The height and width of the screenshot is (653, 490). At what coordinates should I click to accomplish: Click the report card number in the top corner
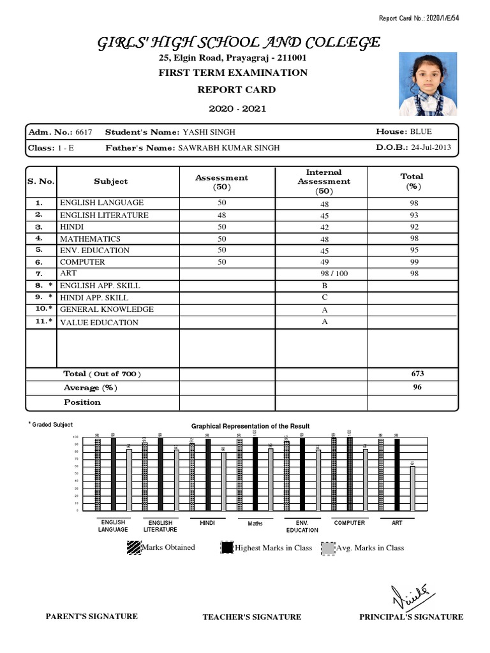pyautogui.click(x=419, y=18)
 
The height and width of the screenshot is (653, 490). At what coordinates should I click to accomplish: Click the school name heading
pyautogui.click(x=239, y=43)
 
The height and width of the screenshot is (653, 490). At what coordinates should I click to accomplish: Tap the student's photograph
pyautogui.click(x=427, y=84)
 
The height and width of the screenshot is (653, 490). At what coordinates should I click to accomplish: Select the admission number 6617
pyautogui.click(x=84, y=132)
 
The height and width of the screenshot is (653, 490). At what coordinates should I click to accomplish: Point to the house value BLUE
pyautogui.click(x=421, y=132)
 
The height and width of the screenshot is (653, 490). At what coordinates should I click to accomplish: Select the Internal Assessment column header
pyautogui.click(x=323, y=181)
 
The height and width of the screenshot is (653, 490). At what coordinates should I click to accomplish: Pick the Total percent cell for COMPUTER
pyautogui.click(x=414, y=262)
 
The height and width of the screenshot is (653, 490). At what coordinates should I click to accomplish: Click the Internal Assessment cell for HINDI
pyautogui.click(x=324, y=227)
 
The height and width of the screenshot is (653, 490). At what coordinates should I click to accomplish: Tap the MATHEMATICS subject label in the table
pyautogui.click(x=91, y=238)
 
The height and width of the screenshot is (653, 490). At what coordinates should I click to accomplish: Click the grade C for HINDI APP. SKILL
pyautogui.click(x=324, y=297)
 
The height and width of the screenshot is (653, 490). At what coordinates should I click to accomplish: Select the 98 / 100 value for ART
pyautogui.click(x=324, y=274)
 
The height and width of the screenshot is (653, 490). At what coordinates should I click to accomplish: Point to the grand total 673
pyautogui.click(x=418, y=374)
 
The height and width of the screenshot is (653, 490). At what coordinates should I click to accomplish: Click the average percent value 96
pyautogui.click(x=418, y=387)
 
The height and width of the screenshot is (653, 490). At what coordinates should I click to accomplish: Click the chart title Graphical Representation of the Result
pyautogui.click(x=251, y=426)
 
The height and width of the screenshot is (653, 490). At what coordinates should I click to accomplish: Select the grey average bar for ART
pyautogui.click(x=413, y=488)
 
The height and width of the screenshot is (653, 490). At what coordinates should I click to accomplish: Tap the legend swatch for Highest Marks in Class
pyautogui.click(x=226, y=548)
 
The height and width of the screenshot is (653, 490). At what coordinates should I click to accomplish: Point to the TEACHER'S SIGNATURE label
pyautogui.click(x=252, y=617)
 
